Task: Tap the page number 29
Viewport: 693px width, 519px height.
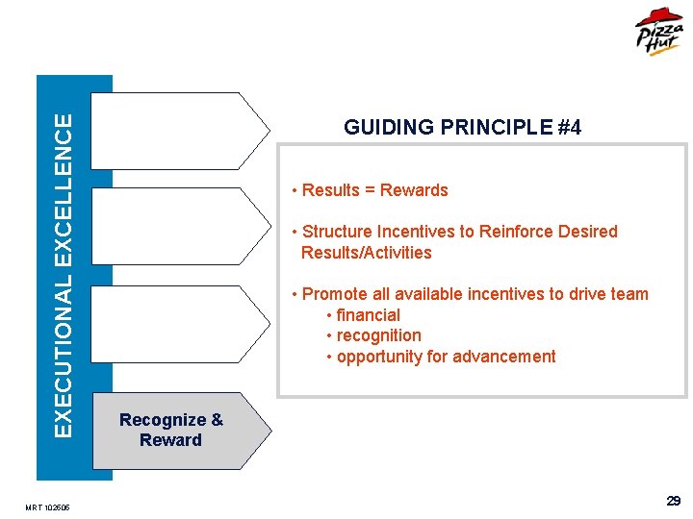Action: [x=674, y=501]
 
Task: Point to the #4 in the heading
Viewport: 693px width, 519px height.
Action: [x=569, y=127]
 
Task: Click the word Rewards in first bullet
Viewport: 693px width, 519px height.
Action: [x=414, y=190]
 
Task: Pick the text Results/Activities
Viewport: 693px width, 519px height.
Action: [x=366, y=253]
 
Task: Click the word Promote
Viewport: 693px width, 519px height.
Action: [x=333, y=294]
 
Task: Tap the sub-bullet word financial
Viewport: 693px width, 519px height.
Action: [x=368, y=315]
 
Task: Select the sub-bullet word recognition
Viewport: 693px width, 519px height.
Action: [x=378, y=335]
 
